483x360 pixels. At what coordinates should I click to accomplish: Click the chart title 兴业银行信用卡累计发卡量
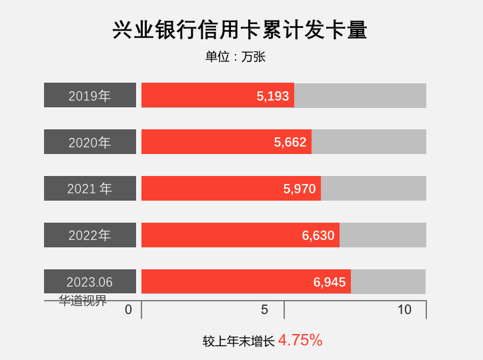click(x=240, y=31)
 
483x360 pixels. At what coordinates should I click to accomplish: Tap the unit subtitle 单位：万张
click(x=235, y=57)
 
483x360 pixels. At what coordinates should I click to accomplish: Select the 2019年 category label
click(x=90, y=95)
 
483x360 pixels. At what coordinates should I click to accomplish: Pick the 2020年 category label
click(x=90, y=142)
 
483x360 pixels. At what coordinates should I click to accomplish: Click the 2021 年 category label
click(x=90, y=189)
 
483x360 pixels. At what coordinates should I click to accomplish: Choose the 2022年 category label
click(x=90, y=235)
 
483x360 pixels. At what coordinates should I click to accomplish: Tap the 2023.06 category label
click(x=90, y=282)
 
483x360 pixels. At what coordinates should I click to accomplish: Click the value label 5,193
click(x=273, y=96)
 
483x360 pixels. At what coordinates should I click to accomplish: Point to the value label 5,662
click(x=290, y=142)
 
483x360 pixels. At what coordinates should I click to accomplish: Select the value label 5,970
click(x=300, y=189)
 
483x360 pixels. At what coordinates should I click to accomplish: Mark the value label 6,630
click(x=318, y=235)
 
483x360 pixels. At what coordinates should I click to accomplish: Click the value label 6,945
click(x=330, y=282)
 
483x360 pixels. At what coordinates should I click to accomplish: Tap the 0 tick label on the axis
click(x=129, y=310)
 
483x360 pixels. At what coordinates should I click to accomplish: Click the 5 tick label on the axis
click(x=264, y=310)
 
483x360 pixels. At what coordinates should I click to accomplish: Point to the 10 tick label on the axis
click(x=404, y=310)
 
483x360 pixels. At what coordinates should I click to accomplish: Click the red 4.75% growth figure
click(x=300, y=340)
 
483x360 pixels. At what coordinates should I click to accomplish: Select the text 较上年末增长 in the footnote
click(x=239, y=341)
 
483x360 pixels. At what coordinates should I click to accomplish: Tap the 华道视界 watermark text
click(x=83, y=301)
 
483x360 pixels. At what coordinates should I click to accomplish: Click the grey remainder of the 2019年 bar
click(x=360, y=95)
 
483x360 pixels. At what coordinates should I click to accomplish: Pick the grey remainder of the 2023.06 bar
click(x=388, y=281)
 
